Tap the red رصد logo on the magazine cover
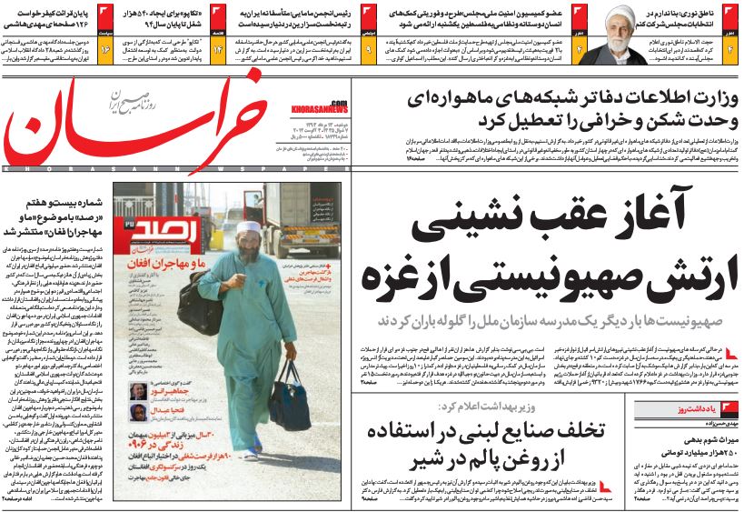coord(147,221)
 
